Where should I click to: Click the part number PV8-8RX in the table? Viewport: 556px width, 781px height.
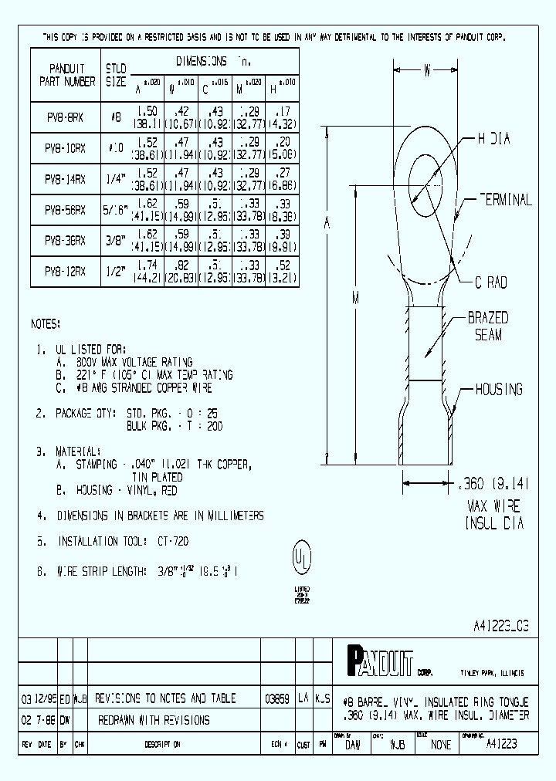coord(66,118)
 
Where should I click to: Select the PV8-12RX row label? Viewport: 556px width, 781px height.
coord(66,271)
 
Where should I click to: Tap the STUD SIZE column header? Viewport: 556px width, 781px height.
coord(115,74)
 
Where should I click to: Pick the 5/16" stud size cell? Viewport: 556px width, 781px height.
coord(116,210)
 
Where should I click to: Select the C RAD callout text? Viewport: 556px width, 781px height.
coord(486,283)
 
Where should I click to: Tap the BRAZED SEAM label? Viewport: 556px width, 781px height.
coord(487,326)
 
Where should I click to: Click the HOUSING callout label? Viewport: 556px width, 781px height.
coord(498,390)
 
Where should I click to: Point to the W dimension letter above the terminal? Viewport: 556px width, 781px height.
coord(426,71)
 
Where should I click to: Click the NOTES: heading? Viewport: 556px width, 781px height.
coord(46,323)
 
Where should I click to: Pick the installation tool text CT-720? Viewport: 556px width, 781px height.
coord(171,542)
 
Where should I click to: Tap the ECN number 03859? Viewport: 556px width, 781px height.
coord(276,698)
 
